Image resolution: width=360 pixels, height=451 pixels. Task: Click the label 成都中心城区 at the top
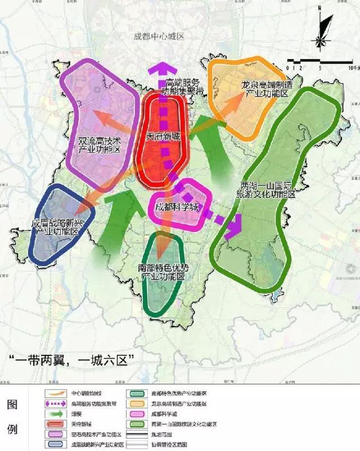[x=159, y=37]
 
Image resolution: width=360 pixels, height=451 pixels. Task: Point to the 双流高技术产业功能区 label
[x=100, y=143]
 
